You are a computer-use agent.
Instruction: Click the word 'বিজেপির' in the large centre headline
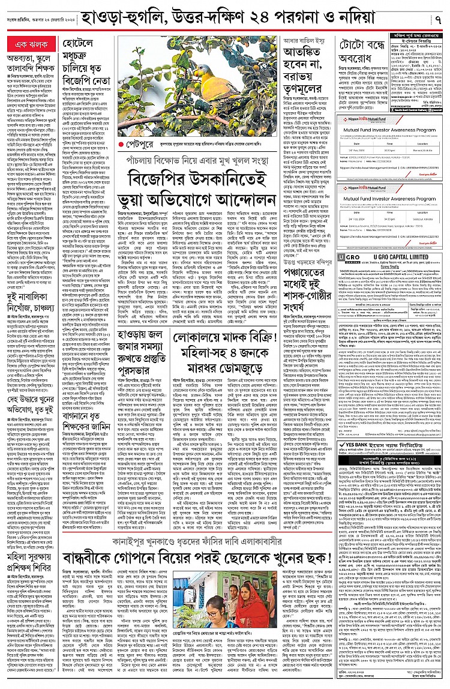[x=155, y=178]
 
